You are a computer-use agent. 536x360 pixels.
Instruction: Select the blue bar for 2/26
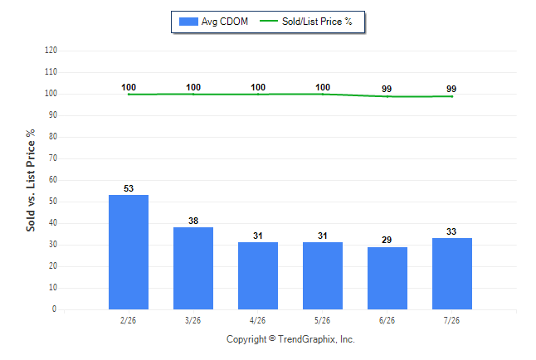click(129, 252)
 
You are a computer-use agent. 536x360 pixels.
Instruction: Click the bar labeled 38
click(193, 269)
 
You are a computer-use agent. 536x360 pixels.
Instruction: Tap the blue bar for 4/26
click(258, 276)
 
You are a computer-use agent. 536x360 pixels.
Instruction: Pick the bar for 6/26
click(387, 278)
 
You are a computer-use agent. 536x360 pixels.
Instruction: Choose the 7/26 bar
click(452, 274)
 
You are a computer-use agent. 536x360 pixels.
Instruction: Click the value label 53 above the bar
click(129, 188)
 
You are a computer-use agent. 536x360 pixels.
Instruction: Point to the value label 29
click(387, 240)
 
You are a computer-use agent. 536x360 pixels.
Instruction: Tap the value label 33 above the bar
click(451, 231)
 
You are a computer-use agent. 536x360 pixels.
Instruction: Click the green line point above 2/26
click(129, 94)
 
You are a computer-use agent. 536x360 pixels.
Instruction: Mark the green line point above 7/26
click(452, 96)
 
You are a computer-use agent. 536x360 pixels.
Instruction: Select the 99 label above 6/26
click(387, 89)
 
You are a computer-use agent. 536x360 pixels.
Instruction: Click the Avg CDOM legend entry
click(213, 22)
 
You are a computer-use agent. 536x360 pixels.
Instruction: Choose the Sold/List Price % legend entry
click(306, 22)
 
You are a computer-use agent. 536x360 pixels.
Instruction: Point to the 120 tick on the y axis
click(51, 51)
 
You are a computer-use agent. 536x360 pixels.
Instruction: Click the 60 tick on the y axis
click(53, 179)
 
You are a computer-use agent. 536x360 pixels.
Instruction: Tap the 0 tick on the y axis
click(55, 309)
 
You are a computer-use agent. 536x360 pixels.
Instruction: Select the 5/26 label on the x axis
click(323, 320)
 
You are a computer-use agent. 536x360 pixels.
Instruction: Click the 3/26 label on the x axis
click(192, 320)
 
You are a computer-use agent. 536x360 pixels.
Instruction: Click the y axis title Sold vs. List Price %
click(31, 180)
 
